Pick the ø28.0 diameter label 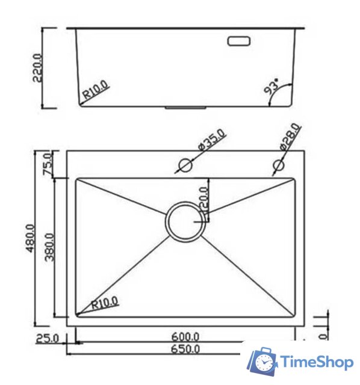(290, 138)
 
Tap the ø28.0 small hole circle (279, 165)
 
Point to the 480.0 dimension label (31, 239)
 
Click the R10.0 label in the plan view (106, 302)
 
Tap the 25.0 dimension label (47, 338)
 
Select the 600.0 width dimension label (185, 337)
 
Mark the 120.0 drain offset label (203, 200)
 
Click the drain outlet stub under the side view (185, 109)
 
